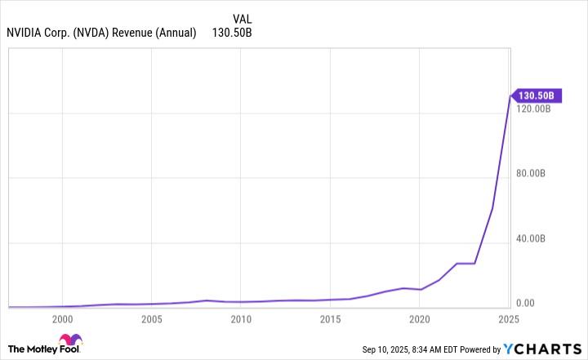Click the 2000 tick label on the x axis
click(x=62, y=318)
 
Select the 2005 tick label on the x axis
click(x=151, y=318)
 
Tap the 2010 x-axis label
click(x=240, y=318)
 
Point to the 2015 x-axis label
click(x=330, y=318)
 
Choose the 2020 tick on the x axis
click(x=419, y=318)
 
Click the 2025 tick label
click(x=509, y=318)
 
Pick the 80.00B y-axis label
click(x=537, y=173)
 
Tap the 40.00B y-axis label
click(x=537, y=238)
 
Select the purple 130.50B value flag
click(x=536, y=96)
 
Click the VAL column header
click(x=243, y=19)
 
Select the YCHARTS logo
click(x=554, y=349)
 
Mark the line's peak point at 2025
click(x=510, y=96)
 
